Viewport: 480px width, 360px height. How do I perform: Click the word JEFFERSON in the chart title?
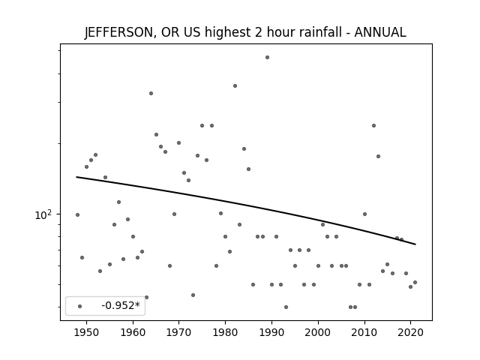pyautogui.click(x=118, y=32)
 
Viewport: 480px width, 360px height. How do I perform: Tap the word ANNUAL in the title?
pyautogui.click(x=380, y=32)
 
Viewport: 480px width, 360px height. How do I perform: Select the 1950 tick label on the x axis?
pyautogui.click(x=87, y=332)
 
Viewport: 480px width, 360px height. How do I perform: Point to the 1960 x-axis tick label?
pyautogui.click(x=133, y=332)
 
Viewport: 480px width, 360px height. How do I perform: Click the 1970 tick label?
pyautogui.click(x=179, y=332)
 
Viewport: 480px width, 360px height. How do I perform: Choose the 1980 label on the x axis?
pyautogui.click(x=225, y=332)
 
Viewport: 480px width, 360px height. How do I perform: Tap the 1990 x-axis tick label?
pyautogui.click(x=271, y=332)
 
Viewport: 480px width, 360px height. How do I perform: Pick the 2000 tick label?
pyautogui.click(x=318, y=332)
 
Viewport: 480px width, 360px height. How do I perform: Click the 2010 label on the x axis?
pyautogui.click(x=364, y=332)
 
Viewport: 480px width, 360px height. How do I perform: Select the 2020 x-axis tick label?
pyautogui.click(x=410, y=332)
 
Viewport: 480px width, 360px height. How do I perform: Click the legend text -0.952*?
pyautogui.click(x=121, y=305)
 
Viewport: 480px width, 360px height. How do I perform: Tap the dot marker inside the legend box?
pyautogui.click(x=80, y=306)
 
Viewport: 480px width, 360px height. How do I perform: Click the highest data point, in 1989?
pyautogui.click(x=267, y=57)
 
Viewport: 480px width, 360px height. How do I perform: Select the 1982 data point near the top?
pyautogui.click(x=235, y=85)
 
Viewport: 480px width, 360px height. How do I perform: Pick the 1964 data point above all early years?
pyautogui.click(x=151, y=93)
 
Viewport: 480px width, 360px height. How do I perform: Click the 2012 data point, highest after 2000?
pyautogui.click(x=373, y=125)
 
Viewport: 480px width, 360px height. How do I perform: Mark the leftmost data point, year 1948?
pyautogui.click(x=77, y=215)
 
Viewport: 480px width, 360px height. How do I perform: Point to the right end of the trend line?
pyautogui.click(x=415, y=244)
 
